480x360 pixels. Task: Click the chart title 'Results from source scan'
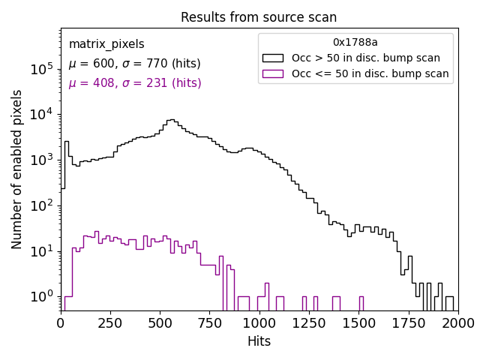tap(259, 17)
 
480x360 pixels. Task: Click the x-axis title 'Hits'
tap(259, 341)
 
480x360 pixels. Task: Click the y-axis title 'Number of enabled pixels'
tap(17, 169)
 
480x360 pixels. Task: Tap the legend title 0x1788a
tap(355, 42)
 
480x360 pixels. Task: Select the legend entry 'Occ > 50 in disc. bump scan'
tap(365, 58)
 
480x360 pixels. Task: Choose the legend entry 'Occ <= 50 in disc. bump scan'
tap(370, 73)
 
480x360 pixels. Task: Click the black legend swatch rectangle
tap(273, 58)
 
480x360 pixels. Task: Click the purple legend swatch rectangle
tap(273, 73)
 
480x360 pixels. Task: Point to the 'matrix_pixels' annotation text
tap(106, 44)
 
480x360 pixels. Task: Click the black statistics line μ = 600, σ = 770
tap(134, 64)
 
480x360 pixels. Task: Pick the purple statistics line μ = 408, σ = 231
tap(134, 83)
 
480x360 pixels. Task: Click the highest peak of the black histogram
tap(172, 119)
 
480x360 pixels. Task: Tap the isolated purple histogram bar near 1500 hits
tap(361, 303)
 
